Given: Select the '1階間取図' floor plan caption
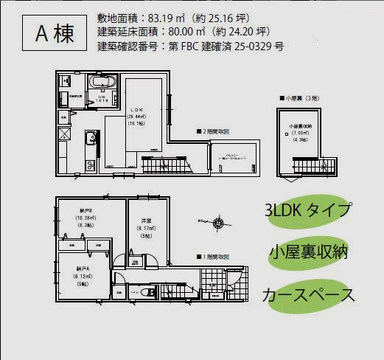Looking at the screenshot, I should pyautogui.click(x=214, y=257).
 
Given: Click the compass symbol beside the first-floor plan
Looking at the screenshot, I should pyautogui.click(x=218, y=223).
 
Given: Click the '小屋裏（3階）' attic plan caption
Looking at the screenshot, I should pyautogui.click(x=300, y=97).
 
